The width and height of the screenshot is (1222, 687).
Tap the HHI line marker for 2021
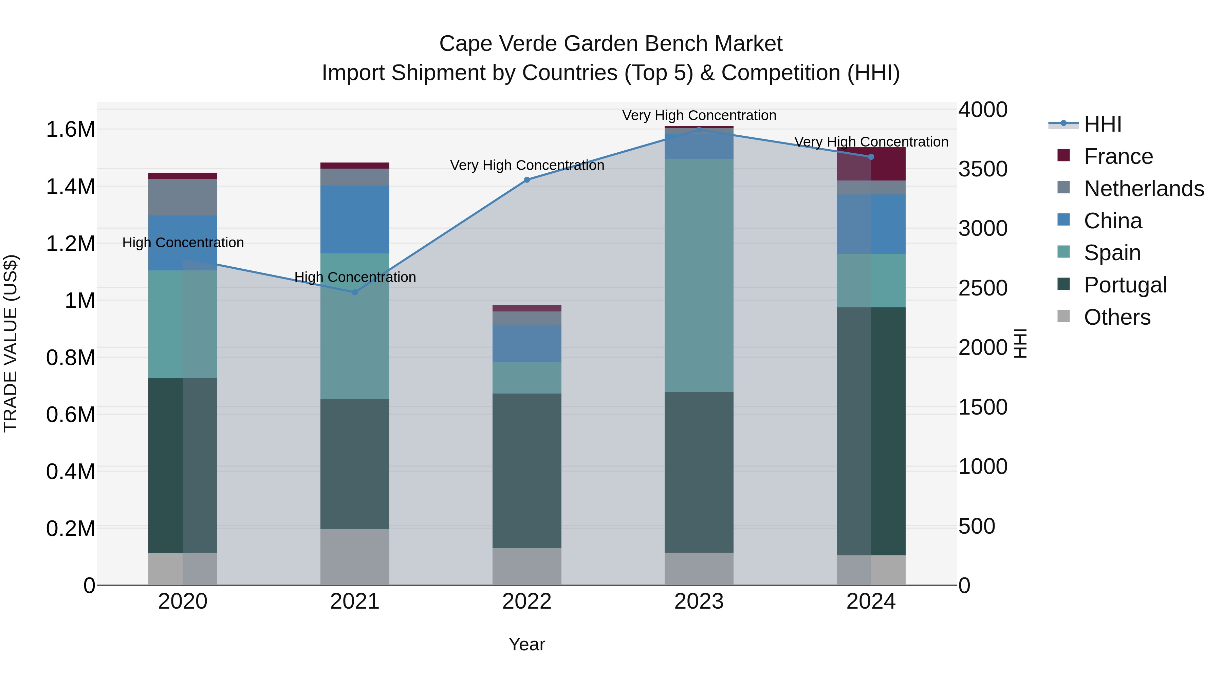(354, 292)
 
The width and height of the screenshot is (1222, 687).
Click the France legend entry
(1118, 156)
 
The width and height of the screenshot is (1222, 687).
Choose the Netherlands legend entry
(1143, 189)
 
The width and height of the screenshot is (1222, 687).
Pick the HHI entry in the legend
(1103, 124)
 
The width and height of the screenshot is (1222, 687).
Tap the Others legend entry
(1117, 317)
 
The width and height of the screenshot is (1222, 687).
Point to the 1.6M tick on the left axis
(70, 130)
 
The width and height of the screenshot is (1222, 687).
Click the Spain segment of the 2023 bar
(699, 275)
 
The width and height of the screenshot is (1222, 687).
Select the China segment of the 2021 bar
(354, 219)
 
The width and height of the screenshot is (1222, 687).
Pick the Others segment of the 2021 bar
(354, 557)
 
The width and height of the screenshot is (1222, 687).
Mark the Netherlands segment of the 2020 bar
(183, 197)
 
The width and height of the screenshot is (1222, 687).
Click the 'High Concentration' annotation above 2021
(355, 278)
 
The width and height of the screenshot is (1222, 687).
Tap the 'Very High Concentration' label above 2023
(699, 116)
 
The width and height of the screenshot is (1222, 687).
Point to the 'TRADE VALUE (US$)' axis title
(11, 343)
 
